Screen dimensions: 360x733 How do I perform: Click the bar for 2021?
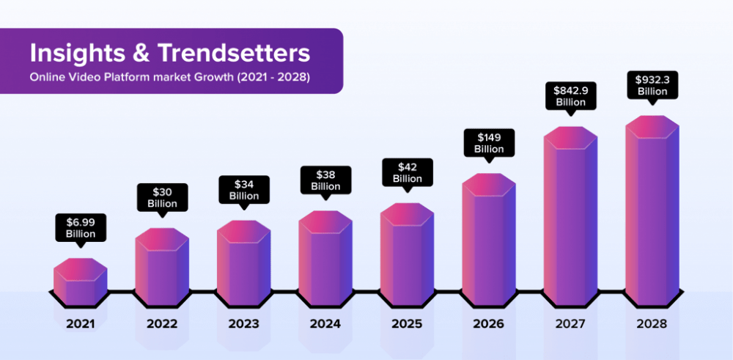coord(81,282)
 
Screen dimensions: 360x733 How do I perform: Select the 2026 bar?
coord(488,242)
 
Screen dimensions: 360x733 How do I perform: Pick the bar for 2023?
coord(243,264)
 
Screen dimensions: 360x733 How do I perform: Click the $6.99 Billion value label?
coord(81,227)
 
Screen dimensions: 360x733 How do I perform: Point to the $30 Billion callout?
coord(162,197)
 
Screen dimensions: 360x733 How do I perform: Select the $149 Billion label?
coord(489,143)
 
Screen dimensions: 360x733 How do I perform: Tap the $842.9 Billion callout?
coord(570,96)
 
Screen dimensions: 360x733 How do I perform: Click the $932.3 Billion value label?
coord(652,85)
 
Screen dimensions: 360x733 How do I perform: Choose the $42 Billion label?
coord(407,172)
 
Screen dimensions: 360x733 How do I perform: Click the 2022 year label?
coord(162,323)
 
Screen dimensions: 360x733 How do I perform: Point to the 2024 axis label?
coord(325,323)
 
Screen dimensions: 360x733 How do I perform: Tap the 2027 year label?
coord(570,323)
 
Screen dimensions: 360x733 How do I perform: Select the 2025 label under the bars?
coord(407,323)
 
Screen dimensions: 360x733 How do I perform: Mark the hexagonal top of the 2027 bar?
coord(570,138)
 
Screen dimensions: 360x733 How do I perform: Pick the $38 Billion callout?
coord(325,180)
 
